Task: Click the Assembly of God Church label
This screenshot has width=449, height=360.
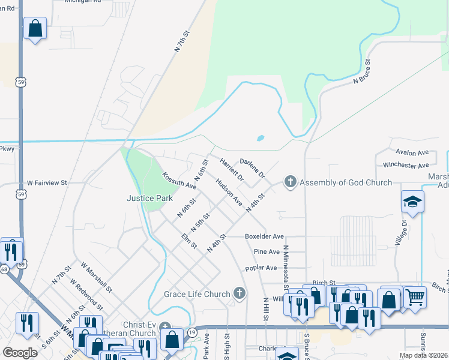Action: (x=345, y=182)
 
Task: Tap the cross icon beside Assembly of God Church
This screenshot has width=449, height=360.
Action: (x=291, y=182)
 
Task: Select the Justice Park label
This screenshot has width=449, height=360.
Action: (x=149, y=198)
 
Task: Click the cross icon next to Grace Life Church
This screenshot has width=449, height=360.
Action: (x=239, y=293)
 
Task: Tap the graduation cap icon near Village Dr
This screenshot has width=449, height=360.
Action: (x=413, y=202)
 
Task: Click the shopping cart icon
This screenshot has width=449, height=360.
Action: (x=415, y=297)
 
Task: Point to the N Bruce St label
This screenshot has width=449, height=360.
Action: (x=363, y=71)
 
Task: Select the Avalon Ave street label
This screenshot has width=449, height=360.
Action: (x=411, y=153)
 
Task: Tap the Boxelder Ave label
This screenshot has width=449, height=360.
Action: (x=264, y=237)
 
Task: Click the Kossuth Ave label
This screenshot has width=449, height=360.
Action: (x=179, y=181)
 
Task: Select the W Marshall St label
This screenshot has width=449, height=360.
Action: (x=97, y=277)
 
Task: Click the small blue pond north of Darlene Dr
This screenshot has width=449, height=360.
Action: (x=261, y=138)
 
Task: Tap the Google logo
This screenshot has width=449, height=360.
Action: (x=20, y=352)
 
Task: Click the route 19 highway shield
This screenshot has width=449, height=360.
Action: (x=191, y=331)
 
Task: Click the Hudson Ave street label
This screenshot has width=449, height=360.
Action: (x=229, y=191)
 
